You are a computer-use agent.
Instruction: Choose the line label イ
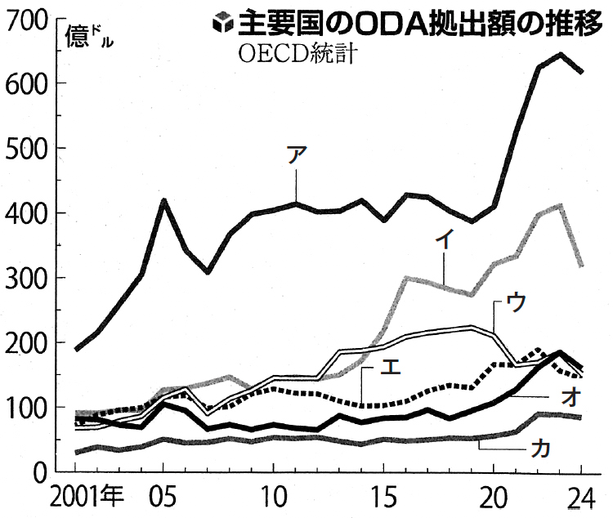point(445,239)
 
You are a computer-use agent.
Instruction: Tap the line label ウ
point(516,301)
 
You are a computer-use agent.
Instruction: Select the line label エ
point(391,369)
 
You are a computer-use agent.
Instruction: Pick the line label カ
point(539,447)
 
